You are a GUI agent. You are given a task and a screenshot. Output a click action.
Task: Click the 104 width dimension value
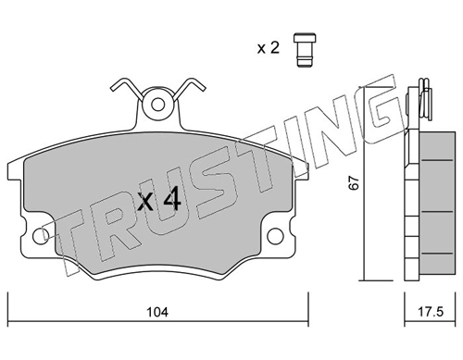157,312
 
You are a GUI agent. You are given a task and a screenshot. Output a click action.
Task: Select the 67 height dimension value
354,182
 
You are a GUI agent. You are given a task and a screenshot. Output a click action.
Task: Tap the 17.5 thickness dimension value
431,312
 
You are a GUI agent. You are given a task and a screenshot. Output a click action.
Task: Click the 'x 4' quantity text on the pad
159,200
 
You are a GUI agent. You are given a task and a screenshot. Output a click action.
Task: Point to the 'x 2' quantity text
269,48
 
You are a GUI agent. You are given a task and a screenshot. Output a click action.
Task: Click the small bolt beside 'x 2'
305,50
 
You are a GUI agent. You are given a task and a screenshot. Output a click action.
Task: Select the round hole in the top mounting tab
158,105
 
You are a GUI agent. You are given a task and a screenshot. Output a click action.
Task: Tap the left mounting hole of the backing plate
41,237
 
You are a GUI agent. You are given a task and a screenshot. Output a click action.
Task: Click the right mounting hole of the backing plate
275,237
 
